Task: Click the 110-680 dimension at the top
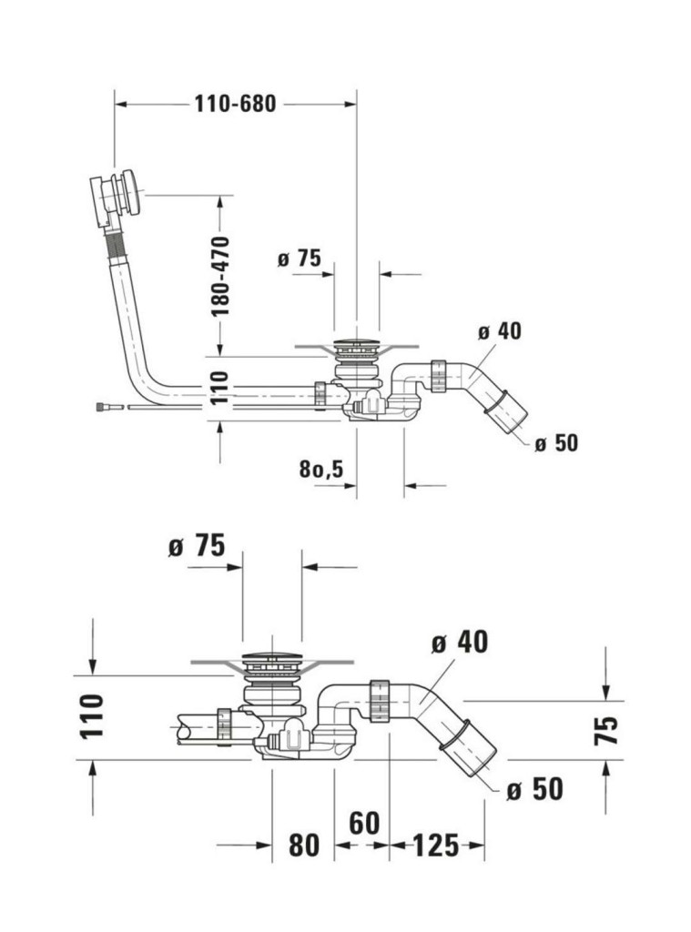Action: point(234,104)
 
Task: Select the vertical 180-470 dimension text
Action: point(220,276)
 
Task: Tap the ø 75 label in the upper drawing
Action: point(300,258)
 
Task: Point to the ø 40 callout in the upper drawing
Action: point(499,331)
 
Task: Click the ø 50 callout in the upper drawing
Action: point(556,443)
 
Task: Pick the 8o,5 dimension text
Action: point(320,470)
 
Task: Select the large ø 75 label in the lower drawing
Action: point(196,546)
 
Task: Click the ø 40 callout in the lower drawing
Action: point(460,643)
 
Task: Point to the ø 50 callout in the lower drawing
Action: point(534,789)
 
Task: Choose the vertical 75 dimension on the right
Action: point(606,730)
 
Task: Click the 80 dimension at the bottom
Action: point(304,846)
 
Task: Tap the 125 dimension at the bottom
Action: point(435,846)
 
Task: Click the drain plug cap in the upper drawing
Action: point(355,345)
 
